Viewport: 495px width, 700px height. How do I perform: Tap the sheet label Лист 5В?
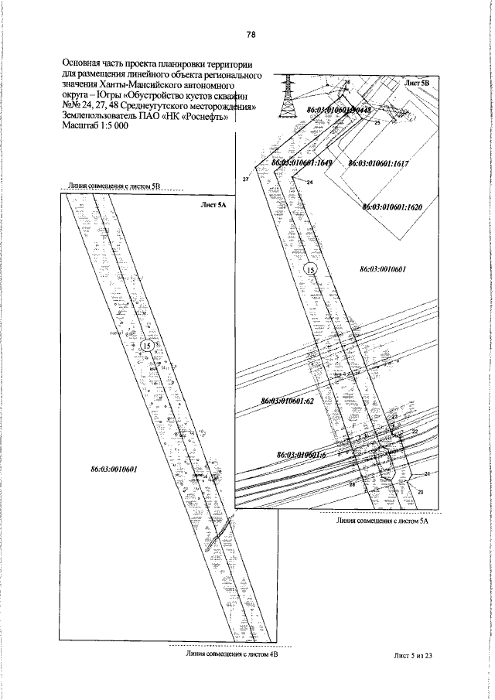click(x=421, y=81)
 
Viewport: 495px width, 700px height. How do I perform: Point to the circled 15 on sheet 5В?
click(x=310, y=270)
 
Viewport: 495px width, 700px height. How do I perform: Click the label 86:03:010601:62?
click(x=291, y=401)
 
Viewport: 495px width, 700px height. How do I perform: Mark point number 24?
click(x=309, y=183)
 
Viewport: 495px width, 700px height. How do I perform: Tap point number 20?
click(x=421, y=492)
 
